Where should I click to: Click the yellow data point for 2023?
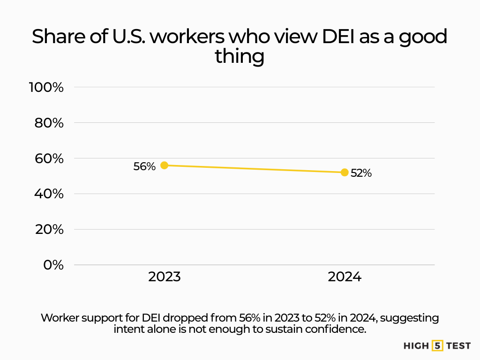coord(164,165)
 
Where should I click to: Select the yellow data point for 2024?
coord(345,172)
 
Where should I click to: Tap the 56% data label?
coord(144,166)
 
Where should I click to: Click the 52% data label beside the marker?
coord(361,173)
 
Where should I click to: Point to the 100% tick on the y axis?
coord(46,87)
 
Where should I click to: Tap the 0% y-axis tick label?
coord(53,265)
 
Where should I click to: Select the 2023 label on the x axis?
coord(164,277)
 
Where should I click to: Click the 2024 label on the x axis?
coord(345,277)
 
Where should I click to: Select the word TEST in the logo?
coord(458,346)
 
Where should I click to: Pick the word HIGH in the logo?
coord(416,346)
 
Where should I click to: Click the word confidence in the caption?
coord(337,329)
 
